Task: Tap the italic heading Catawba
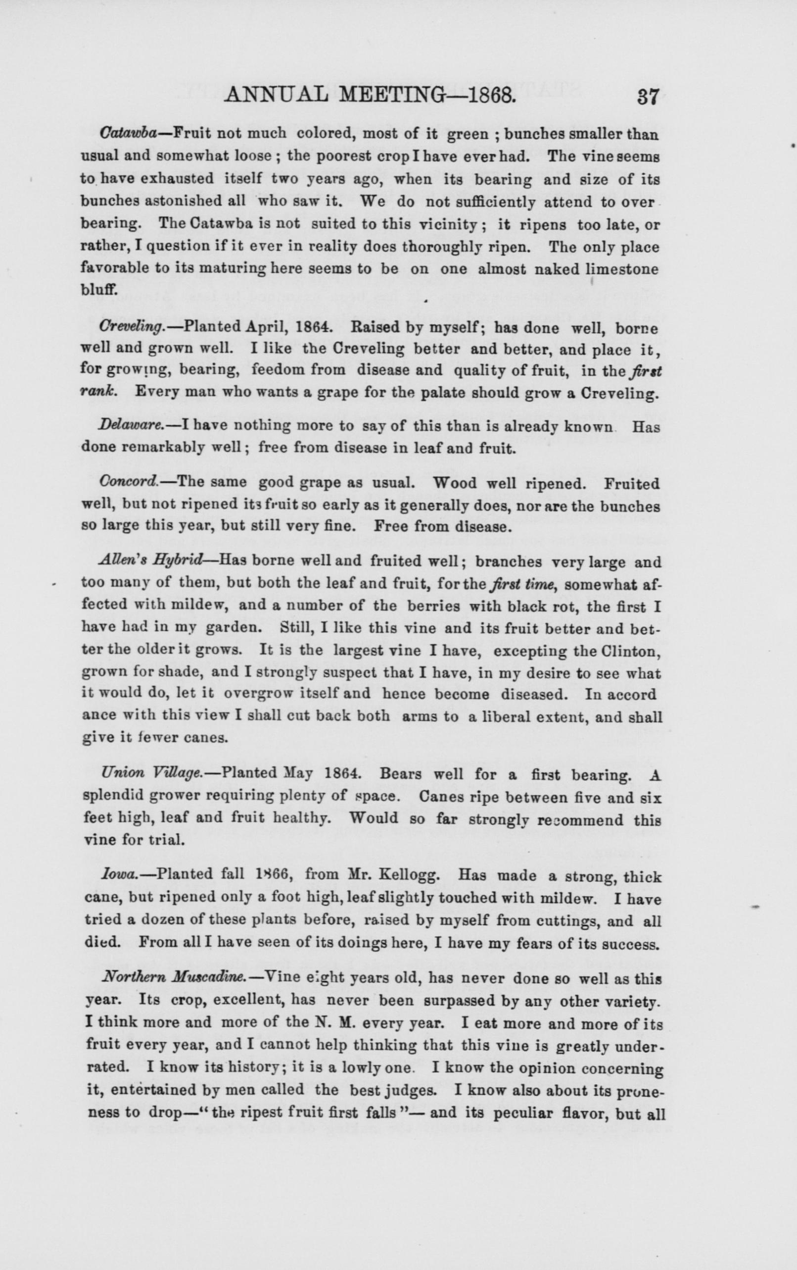point(128,133)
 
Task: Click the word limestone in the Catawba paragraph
point(622,269)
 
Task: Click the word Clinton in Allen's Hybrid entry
point(629,651)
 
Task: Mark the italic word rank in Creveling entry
point(98,393)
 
